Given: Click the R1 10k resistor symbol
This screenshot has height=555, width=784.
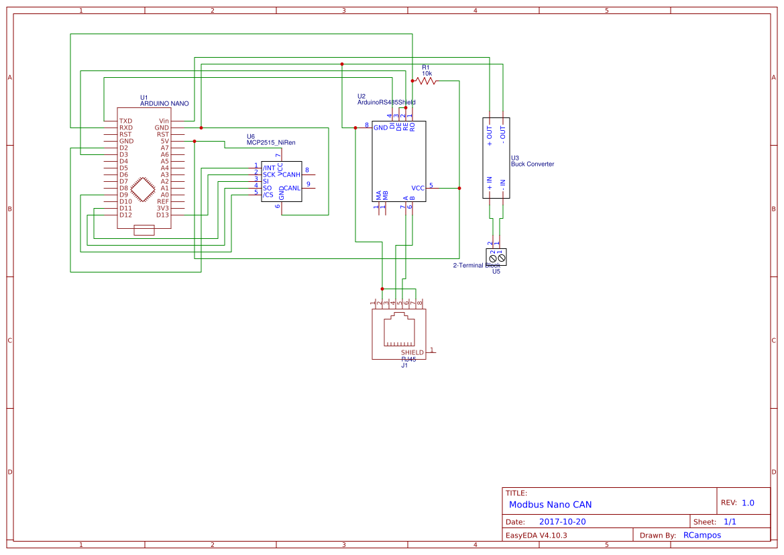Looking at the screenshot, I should coord(426,81).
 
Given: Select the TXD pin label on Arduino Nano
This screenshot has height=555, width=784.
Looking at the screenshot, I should coord(125,121).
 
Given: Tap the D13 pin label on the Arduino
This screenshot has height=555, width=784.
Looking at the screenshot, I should coord(163,215).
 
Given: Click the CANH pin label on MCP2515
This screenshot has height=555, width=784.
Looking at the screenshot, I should coord(292,174).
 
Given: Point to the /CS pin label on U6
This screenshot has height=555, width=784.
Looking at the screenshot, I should coord(268,195).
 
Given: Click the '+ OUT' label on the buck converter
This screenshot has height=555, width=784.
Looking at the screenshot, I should coord(490,136).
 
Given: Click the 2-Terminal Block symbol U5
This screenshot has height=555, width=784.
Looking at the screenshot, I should coord(496,257).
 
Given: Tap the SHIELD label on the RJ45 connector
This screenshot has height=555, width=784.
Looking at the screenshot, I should coord(412,352).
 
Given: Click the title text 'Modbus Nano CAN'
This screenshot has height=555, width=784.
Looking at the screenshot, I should coord(550,505).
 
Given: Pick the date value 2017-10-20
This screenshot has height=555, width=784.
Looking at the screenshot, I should coord(562,521).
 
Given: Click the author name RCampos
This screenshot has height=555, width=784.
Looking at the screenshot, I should coord(702,536).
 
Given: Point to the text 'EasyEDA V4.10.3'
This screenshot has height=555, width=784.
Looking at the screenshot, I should coord(536,536).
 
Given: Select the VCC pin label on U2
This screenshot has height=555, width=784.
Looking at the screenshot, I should coord(418,188).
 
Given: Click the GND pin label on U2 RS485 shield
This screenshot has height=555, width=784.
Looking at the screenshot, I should coord(380,127).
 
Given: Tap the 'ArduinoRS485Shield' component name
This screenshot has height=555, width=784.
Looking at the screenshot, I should coord(386,103).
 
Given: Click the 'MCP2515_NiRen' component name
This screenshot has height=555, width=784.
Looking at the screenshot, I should coord(271,143).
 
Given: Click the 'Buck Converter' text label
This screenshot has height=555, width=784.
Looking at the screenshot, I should coord(533,164).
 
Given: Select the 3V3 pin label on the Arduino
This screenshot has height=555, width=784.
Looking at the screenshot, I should coord(163,208).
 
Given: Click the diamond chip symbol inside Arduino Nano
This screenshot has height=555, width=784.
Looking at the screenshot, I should coord(143,189).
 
